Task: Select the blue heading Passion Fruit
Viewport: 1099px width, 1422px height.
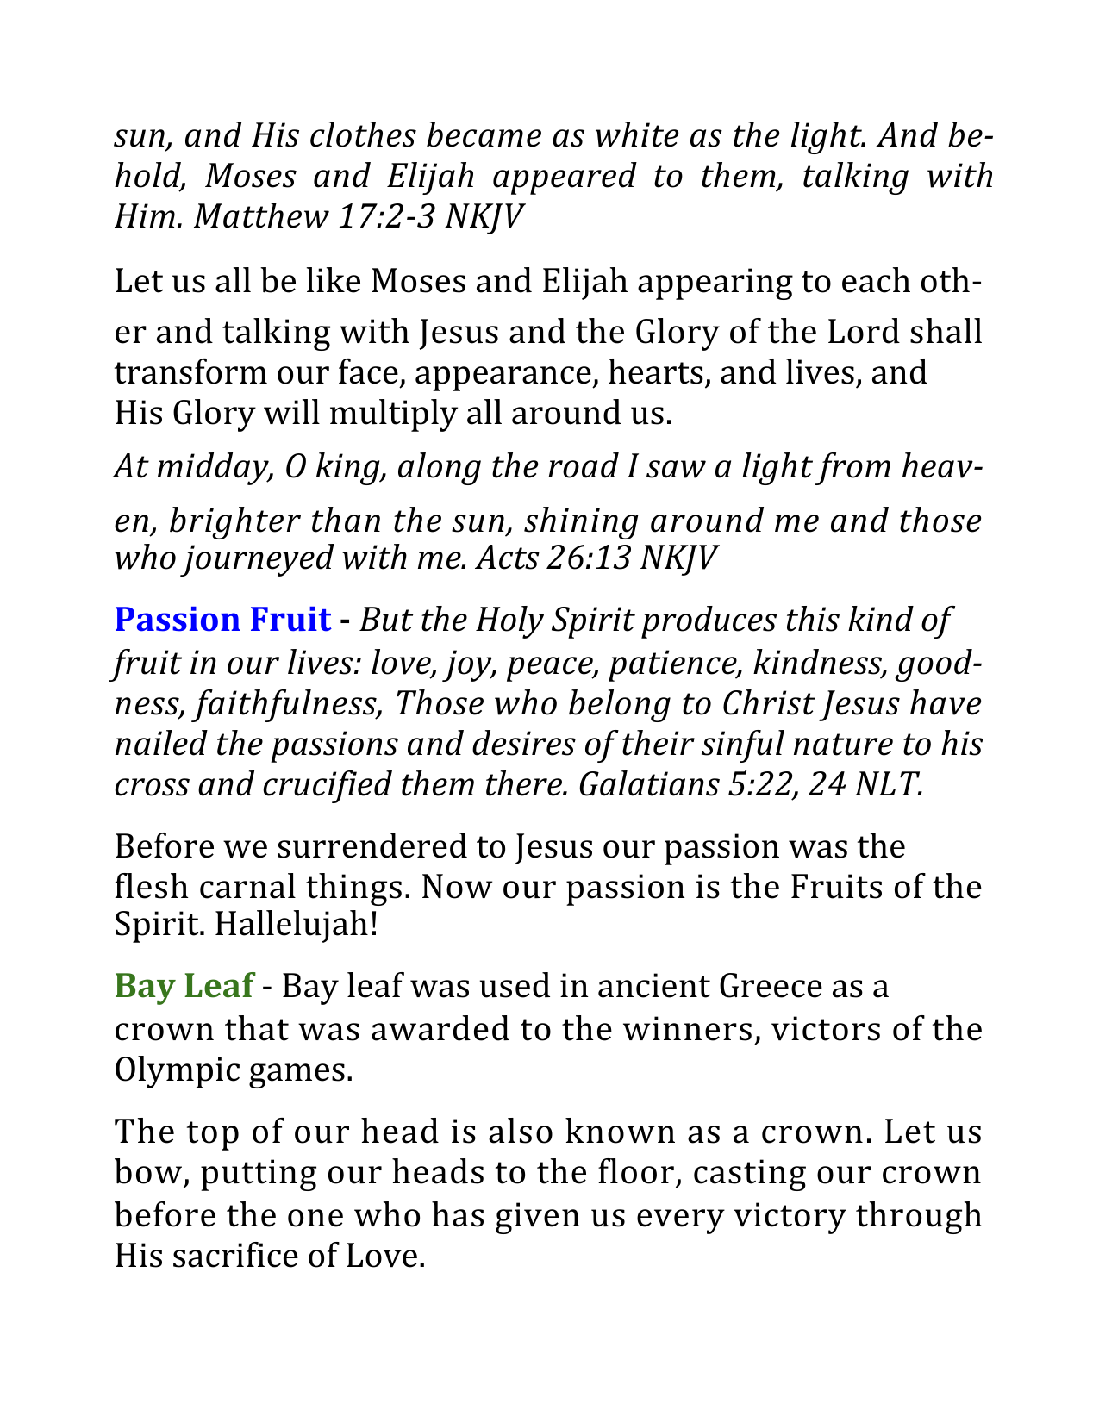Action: click(x=222, y=620)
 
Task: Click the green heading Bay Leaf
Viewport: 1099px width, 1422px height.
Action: click(x=184, y=986)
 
